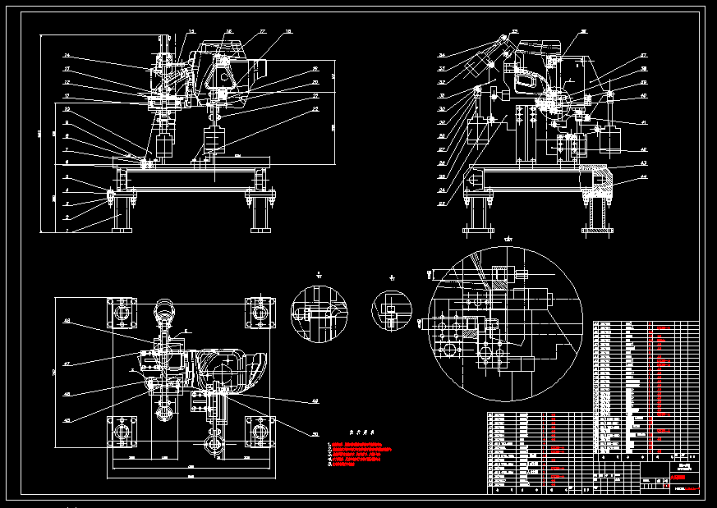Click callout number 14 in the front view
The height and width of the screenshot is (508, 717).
click(67, 56)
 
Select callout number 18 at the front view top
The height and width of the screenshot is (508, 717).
click(288, 32)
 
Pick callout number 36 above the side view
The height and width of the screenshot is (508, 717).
click(584, 32)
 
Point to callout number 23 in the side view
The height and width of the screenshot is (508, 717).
click(441, 203)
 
